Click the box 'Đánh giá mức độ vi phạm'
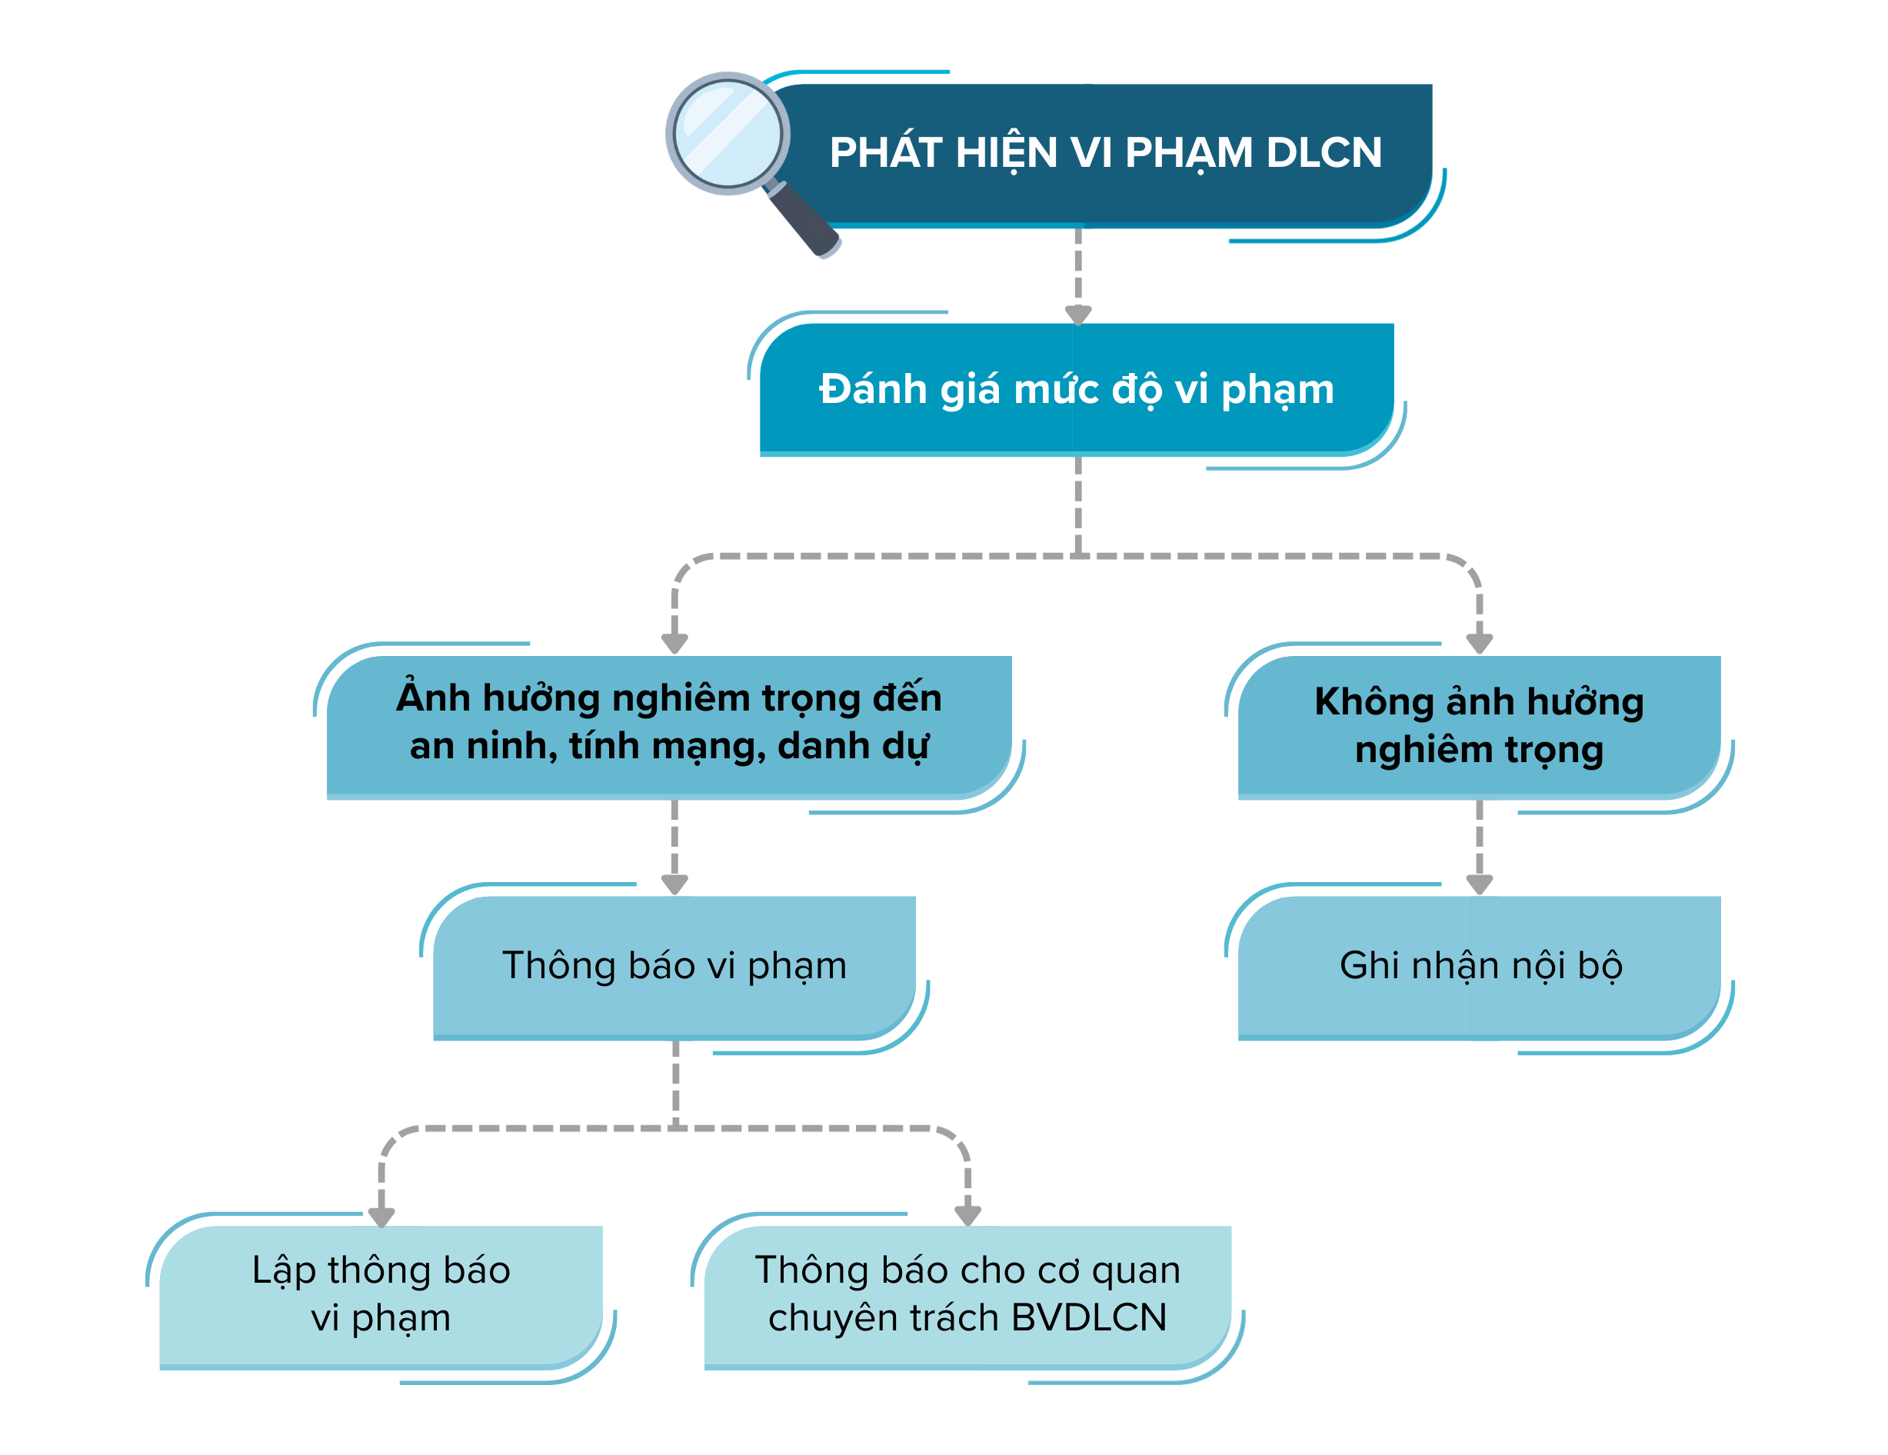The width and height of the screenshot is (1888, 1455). [x=1076, y=389]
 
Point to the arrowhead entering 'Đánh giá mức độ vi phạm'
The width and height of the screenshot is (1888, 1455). [x=1078, y=315]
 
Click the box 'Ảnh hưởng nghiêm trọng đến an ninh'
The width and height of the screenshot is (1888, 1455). [x=669, y=724]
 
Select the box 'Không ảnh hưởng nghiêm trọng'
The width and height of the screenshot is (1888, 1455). [x=1478, y=724]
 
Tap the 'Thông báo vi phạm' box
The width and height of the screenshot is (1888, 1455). [x=674, y=966]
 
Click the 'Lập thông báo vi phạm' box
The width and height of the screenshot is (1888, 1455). [x=381, y=1294]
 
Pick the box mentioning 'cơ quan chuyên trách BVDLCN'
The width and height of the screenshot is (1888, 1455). [x=967, y=1294]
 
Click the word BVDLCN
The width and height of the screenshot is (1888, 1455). [x=1088, y=1318]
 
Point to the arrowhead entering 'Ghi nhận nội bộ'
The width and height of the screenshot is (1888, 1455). [x=1479, y=884]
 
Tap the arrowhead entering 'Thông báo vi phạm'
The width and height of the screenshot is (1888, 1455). [x=674, y=884]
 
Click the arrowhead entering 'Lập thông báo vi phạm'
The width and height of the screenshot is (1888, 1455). [x=381, y=1217]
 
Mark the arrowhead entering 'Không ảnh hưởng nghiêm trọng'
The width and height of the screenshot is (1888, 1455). [x=1479, y=643]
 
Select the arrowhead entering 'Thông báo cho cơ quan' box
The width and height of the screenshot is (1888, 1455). [x=967, y=1214]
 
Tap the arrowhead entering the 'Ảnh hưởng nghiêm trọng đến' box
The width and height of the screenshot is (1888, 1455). [x=674, y=643]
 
